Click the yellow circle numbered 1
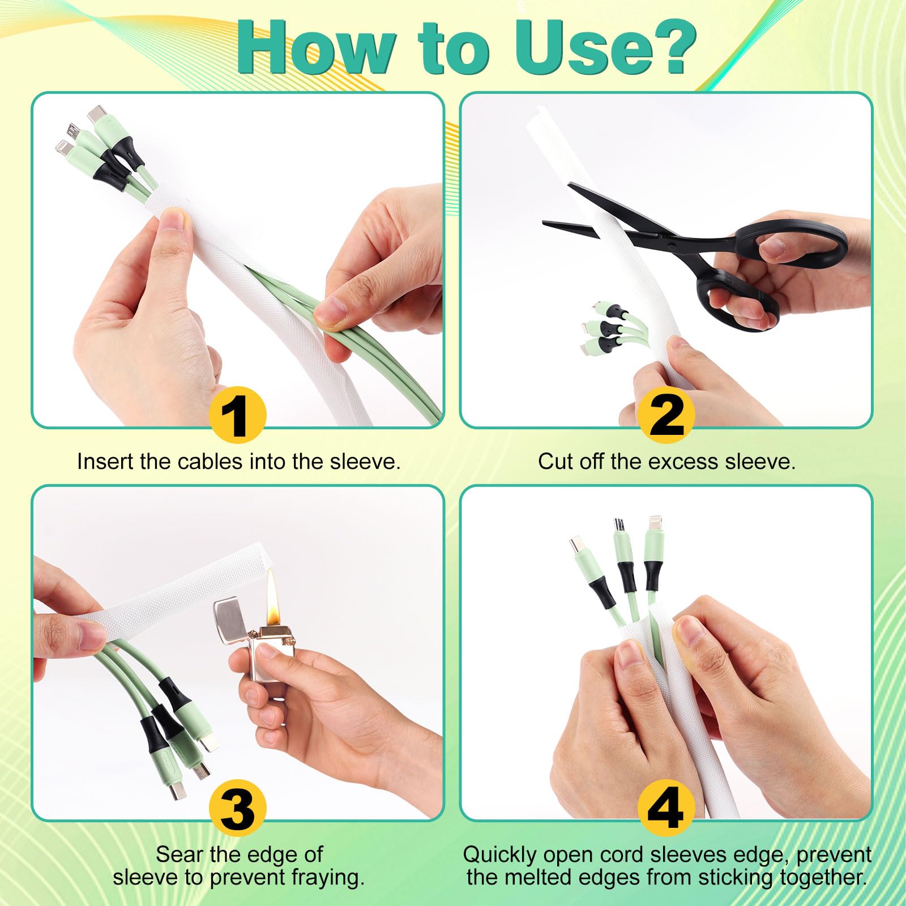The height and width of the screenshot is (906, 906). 238,414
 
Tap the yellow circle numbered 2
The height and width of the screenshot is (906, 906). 666,414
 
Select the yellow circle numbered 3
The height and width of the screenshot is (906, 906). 238,807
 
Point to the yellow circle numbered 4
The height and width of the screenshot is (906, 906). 666,807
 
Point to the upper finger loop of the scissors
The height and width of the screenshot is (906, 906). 793,243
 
